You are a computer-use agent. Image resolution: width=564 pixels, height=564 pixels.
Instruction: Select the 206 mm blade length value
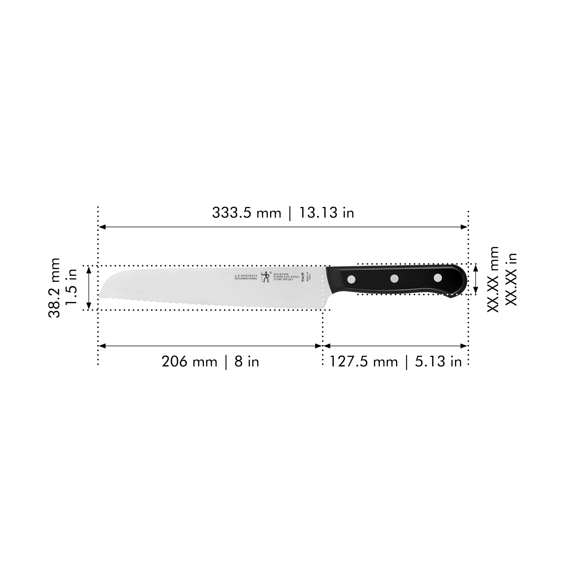pos(189,362)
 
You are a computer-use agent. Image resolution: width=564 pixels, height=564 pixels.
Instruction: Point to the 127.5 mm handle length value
pos(363,362)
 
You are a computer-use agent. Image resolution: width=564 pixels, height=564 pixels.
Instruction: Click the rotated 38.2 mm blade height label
pos(54,288)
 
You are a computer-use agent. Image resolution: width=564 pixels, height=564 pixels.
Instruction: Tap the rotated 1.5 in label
pos(71,286)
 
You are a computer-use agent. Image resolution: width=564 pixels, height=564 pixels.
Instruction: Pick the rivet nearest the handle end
pos(438,278)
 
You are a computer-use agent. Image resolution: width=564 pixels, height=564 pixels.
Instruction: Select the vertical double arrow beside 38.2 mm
pos(89,288)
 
